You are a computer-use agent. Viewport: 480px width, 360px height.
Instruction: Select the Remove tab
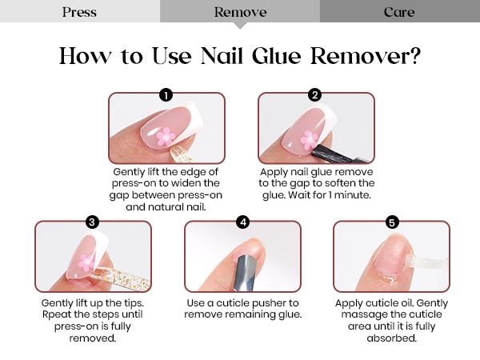(x=240, y=12)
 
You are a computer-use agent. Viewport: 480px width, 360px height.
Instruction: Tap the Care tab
(x=399, y=12)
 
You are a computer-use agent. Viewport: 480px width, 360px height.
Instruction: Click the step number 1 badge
(x=166, y=95)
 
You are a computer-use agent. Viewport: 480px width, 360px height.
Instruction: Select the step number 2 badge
(x=314, y=95)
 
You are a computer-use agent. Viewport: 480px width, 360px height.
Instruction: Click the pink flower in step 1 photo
(x=166, y=136)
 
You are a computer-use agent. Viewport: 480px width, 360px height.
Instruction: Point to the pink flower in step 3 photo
(x=86, y=262)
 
